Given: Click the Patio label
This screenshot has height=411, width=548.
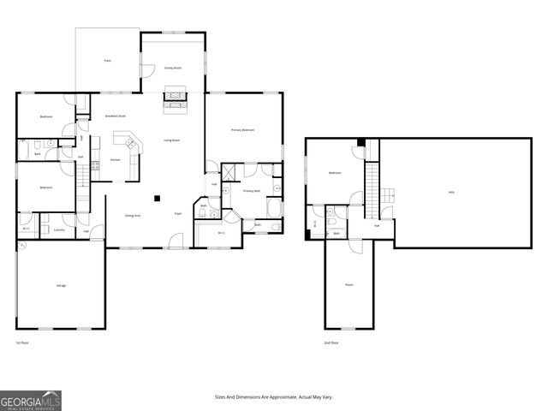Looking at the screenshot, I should point(108,60).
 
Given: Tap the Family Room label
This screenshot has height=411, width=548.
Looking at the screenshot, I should point(173,67).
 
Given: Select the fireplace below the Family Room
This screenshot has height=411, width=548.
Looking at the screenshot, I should point(174,100).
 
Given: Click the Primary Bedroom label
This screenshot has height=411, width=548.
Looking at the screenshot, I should point(242,129).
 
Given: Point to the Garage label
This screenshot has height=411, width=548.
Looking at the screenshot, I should point(62,285).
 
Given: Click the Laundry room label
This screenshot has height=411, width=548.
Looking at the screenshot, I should point(59,229).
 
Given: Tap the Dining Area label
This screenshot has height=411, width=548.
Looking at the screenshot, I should point(132,216).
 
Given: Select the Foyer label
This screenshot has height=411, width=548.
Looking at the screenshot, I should point(178,213).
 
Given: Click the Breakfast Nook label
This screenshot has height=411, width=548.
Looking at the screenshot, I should point(116,116).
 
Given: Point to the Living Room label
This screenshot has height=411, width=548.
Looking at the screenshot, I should point(172,140).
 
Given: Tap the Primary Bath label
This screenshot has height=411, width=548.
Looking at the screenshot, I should point(251,191).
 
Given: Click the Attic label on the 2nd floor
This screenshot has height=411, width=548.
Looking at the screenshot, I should point(451,192).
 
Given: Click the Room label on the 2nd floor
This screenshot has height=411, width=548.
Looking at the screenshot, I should point(349,284).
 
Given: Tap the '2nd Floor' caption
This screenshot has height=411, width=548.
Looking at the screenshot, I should point(331,342).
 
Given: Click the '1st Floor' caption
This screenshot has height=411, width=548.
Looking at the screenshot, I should point(22,342).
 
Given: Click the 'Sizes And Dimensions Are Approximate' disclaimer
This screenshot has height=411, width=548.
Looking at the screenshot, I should point(274,396).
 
